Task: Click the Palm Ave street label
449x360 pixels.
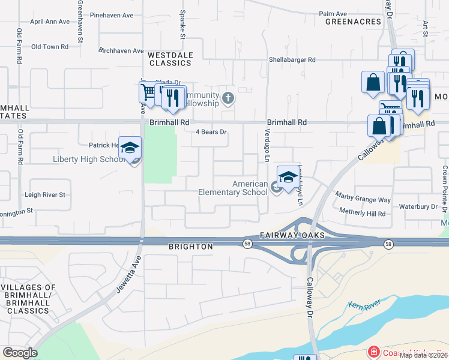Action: [333, 13]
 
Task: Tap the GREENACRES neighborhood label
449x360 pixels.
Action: [354, 22]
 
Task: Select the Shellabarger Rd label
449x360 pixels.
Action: [292, 59]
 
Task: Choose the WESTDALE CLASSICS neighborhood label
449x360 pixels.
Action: [170, 59]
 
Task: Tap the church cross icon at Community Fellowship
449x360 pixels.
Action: [228, 97]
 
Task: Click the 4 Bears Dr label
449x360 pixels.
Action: [211, 132]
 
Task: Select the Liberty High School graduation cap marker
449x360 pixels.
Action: [130, 148]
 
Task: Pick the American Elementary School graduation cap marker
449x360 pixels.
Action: [288, 178]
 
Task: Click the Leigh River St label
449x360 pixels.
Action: [44, 195]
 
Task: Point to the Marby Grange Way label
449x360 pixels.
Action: [363, 200]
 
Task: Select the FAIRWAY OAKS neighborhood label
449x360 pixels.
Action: [292, 236]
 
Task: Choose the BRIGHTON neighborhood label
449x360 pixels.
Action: [191, 247]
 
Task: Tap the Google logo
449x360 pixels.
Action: [20, 353]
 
